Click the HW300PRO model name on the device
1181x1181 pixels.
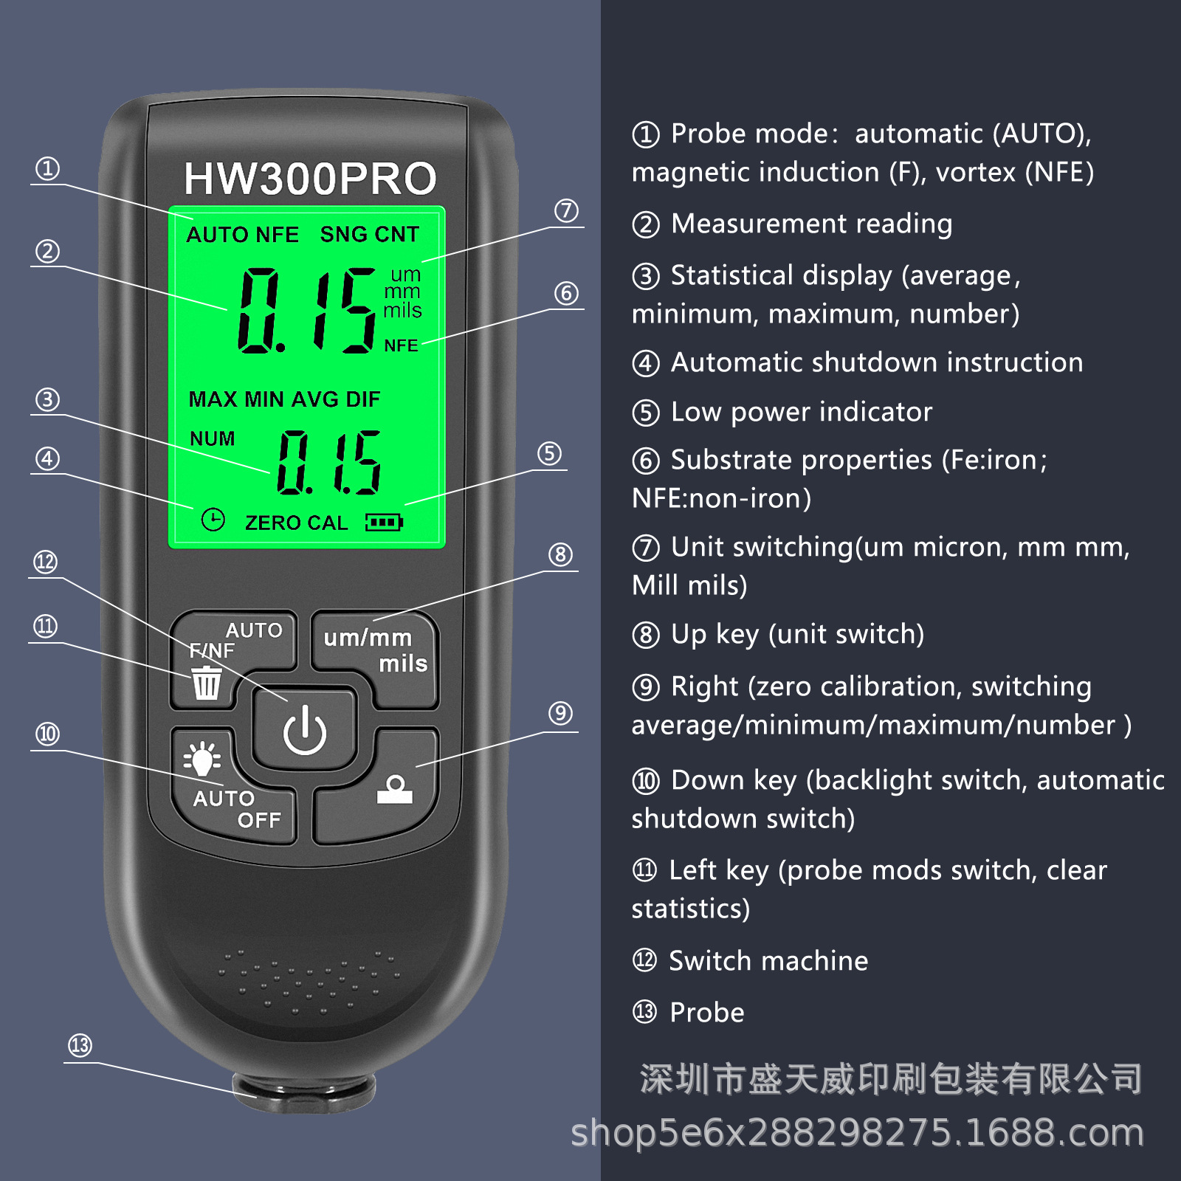click(310, 179)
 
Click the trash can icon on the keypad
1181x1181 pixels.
click(206, 683)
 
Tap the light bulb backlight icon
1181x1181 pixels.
click(202, 759)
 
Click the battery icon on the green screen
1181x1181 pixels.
click(384, 523)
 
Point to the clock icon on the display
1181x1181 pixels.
click(213, 520)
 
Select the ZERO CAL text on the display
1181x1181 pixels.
click(296, 523)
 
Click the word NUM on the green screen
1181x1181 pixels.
click(212, 438)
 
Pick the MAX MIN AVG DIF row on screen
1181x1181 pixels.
click(284, 399)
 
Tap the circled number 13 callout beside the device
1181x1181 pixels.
click(80, 1045)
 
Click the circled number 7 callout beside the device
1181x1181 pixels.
click(566, 210)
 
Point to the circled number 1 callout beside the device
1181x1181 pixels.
click(48, 168)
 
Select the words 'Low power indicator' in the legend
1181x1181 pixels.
click(801, 412)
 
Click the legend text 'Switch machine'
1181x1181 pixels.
click(768, 960)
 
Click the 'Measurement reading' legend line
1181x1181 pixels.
click(811, 224)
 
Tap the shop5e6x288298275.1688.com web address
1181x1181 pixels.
click(857, 1133)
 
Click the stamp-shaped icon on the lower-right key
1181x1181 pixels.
click(395, 790)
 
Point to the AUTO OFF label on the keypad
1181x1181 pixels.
click(236, 809)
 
